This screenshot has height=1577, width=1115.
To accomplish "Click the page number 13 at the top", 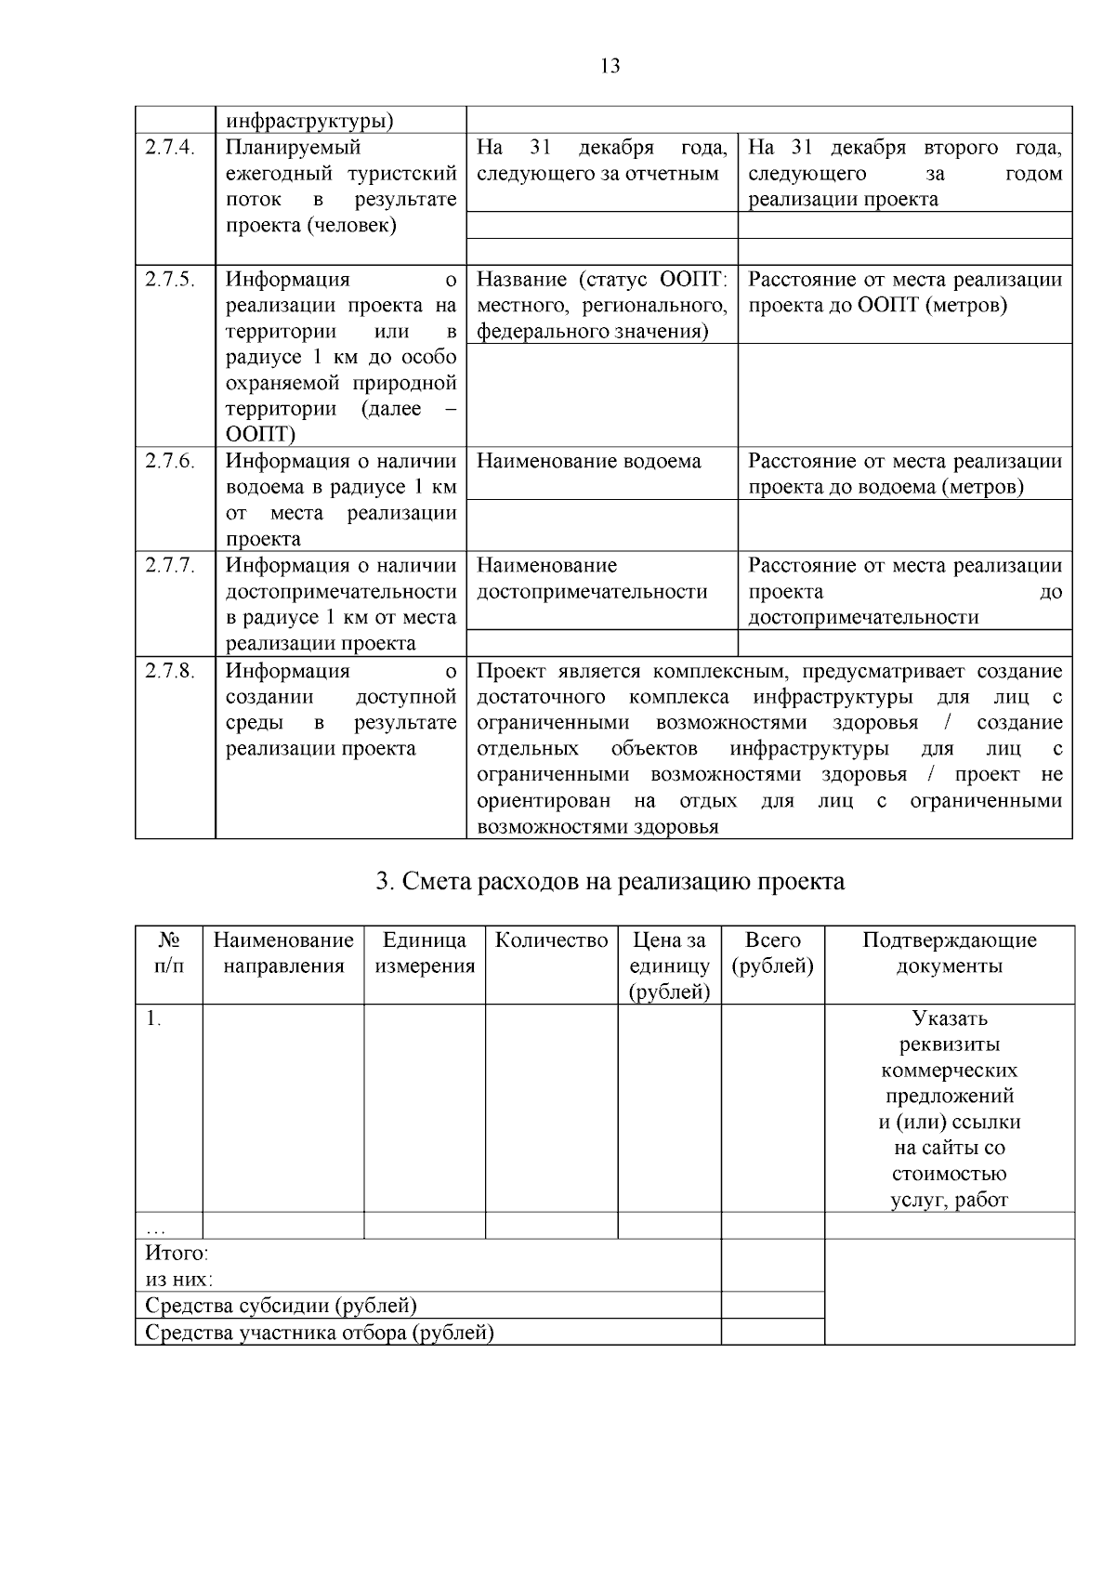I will click(x=610, y=66).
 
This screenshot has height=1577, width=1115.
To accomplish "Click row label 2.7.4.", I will click(x=170, y=148).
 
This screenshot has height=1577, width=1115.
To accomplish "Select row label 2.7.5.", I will click(x=170, y=280).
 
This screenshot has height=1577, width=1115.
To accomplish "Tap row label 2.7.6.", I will click(x=170, y=461).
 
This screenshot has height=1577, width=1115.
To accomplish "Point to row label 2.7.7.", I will click(x=170, y=565).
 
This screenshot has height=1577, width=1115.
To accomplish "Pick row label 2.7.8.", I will click(x=170, y=671).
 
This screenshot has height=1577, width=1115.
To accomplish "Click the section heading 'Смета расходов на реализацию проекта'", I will click(x=610, y=881).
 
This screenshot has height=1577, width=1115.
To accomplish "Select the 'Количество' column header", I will click(x=551, y=940).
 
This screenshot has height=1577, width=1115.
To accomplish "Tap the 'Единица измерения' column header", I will click(x=425, y=953).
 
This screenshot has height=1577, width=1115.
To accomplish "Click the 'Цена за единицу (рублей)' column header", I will click(x=669, y=966).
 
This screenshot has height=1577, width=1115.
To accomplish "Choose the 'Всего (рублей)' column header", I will click(x=772, y=953).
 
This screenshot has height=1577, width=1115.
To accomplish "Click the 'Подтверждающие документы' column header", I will click(x=949, y=953).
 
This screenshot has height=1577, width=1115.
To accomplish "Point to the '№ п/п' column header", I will click(x=168, y=953).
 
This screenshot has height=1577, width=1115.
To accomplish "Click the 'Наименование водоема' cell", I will click(x=589, y=461).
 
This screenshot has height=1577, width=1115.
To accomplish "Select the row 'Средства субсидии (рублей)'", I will click(x=281, y=1306).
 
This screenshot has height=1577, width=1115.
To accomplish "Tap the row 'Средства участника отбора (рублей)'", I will click(x=319, y=1333).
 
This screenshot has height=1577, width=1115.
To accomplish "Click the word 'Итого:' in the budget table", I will click(x=177, y=1253).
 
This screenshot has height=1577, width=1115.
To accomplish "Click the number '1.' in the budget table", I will click(x=153, y=1018).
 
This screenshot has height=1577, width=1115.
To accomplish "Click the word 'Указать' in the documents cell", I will click(x=949, y=1018).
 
